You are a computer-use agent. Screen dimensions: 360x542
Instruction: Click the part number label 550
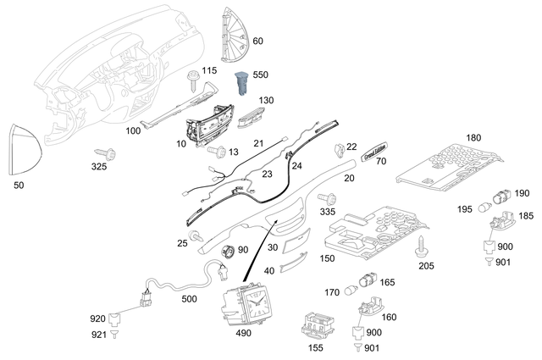click(x=261, y=76)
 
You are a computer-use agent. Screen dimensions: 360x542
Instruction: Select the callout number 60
click(x=257, y=41)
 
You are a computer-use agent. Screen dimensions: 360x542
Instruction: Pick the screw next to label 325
click(x=108, y=152)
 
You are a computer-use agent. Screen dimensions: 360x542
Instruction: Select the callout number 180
click(x=473, y=137)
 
